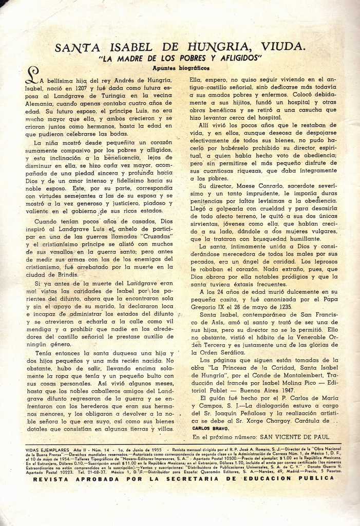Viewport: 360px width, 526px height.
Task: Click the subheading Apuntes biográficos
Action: pos(174,67)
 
